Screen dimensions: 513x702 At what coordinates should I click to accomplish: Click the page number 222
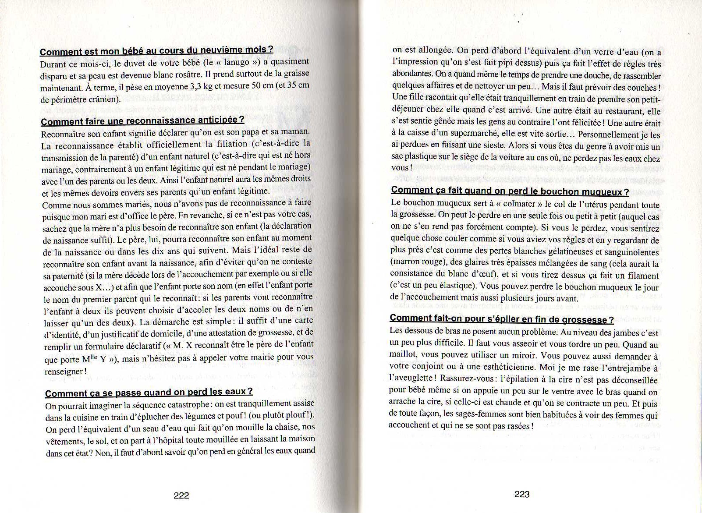pyautogui.click(x=181, y=495)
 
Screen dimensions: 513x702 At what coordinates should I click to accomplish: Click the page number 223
pyautogui.click(x=522, y=494)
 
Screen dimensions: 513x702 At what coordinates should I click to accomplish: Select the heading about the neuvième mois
pyautogui.click(x=157, y=50)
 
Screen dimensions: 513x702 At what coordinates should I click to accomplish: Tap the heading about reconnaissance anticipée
pyautogui.click(x=142, y=121)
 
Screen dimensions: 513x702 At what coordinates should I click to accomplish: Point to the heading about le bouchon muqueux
pyautogui.click(x=510, y=191)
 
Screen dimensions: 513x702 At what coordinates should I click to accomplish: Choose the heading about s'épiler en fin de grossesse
pyautogui.click(x=501, y=319)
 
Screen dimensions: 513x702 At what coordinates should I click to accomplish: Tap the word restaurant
pyautogui.click(x=618, y=112)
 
